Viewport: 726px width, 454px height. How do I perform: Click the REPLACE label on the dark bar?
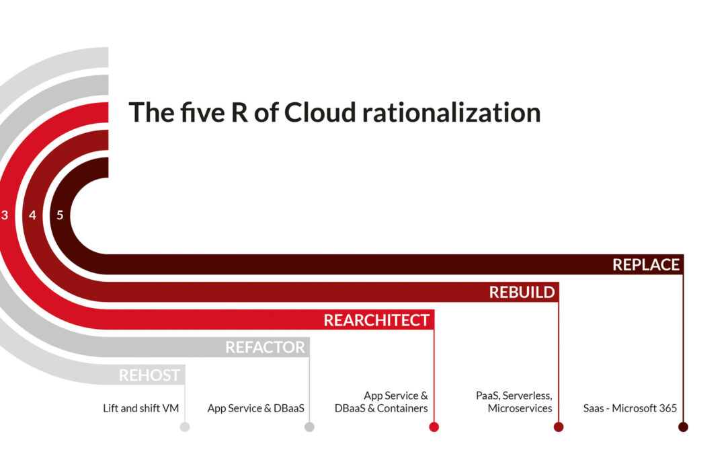click(646, 264)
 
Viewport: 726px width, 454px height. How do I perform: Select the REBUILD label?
click(522, 293)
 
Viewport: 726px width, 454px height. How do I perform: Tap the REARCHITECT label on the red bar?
click(376, 320)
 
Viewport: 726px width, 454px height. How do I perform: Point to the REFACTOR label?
click(265, 348)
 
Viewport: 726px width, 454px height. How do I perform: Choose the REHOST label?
click(149, 375)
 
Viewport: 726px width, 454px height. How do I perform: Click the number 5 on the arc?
click(60, 215)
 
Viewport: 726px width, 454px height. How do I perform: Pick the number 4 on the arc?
click(32, 215)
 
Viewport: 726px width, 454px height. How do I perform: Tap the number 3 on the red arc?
click(5, 215)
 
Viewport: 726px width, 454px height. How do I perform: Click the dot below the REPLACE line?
click(683, 426)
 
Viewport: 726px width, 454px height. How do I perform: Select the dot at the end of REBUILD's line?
click(559, 426)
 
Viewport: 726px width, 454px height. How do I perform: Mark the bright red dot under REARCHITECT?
click(434, 426)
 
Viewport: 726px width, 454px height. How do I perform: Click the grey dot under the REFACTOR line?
click(309, 426)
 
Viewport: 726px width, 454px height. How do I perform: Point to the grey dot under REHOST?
click(185, 426)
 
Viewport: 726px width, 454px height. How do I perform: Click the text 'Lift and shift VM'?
click(140, 408)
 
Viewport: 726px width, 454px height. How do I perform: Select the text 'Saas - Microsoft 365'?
click(630, 408)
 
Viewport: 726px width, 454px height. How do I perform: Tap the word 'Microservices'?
click(520, 408)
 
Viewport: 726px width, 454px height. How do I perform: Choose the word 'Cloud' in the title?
click(320, 112)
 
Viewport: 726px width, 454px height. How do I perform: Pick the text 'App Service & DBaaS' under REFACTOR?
click(256, 408)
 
